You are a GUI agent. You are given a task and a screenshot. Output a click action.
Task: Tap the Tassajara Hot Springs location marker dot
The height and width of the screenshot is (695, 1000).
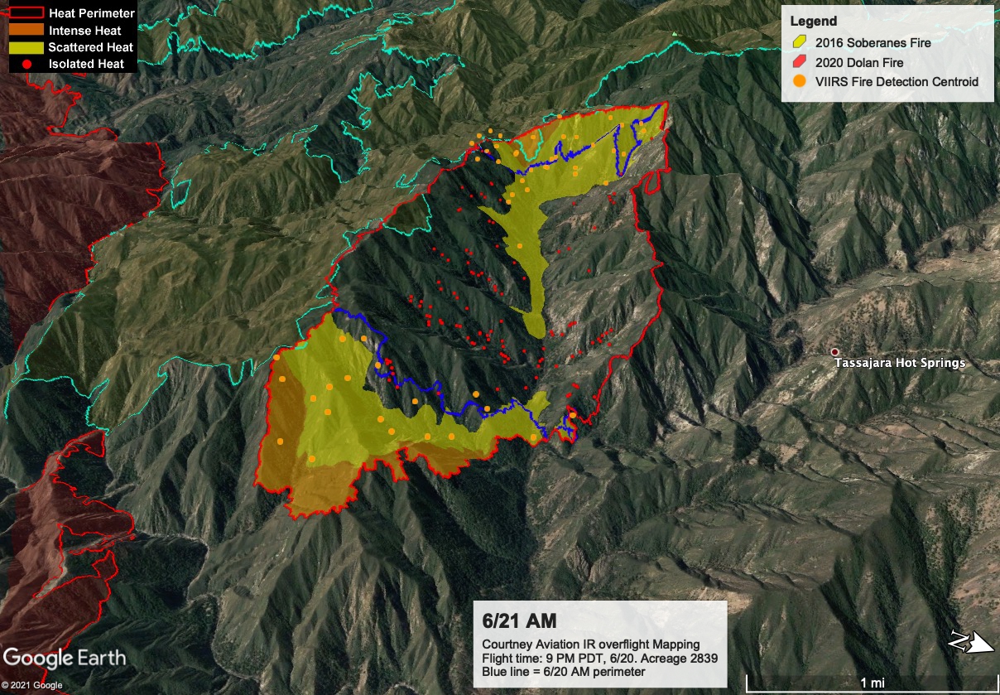point(834,352)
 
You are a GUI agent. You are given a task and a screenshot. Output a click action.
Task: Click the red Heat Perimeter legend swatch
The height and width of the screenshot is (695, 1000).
point(26,13)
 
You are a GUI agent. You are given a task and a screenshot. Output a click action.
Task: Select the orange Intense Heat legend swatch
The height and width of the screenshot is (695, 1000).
point(26,31)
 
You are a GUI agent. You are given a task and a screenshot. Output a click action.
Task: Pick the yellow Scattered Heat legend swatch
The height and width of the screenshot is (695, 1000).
point(26,47)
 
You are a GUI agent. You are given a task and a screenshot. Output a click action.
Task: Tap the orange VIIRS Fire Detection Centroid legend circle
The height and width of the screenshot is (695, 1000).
point(799,81)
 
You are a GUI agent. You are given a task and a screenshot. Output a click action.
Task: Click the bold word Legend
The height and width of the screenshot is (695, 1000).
point(813,22)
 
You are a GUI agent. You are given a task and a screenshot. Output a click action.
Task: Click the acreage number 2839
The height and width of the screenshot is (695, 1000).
point(701,658)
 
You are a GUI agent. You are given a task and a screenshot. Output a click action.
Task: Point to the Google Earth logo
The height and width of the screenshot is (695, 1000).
point(65,659)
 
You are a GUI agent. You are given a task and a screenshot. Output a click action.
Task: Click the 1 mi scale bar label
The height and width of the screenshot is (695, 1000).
point(871,682)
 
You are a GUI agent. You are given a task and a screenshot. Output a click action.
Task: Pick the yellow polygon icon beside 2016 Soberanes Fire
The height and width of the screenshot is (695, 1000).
point(799,43)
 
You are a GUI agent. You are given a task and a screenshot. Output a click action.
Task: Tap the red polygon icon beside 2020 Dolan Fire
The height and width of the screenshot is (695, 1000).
point(799,62)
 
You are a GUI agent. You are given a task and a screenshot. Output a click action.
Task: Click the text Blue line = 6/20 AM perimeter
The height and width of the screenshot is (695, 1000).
point(563,671)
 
